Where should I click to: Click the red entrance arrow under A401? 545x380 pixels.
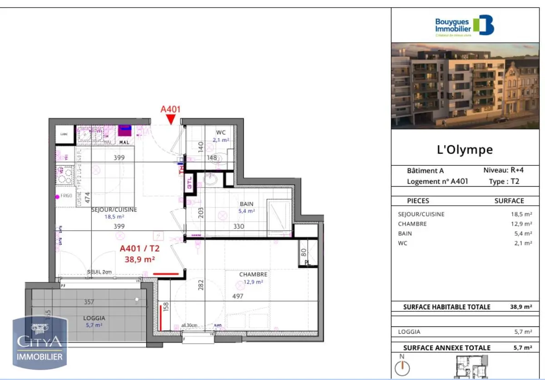(171, 119)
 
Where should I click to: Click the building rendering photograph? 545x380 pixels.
(468, 86)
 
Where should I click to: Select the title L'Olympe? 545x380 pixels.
(464, 150)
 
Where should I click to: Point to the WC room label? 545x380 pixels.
(221, 133)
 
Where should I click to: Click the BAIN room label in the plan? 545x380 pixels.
(247, 204)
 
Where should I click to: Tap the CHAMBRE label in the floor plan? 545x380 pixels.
(253, 275)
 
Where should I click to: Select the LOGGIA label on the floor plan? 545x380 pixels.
(94, 318)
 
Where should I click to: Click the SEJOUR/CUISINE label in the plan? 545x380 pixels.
(114, 210)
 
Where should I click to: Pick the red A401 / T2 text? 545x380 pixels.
(139, 249)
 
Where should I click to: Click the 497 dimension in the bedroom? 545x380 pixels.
(238, 296)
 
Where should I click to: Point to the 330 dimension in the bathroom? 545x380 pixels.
(239, 227)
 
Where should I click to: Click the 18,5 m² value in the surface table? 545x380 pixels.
(521, 214)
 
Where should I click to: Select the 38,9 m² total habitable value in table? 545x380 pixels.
(521, 307)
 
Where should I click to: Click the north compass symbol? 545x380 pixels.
(402, 367)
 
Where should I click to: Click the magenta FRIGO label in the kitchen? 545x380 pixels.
(67, 197)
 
